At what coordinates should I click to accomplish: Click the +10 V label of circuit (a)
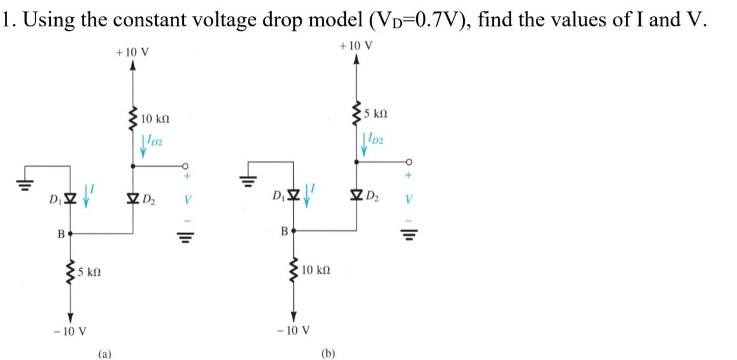coord(133,52)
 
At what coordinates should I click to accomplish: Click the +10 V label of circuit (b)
coord(357,45)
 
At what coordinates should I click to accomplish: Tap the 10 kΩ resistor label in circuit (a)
coord(156,120)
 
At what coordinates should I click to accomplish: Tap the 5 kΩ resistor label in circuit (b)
coord(379,113)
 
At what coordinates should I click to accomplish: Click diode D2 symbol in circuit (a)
coord(132,198)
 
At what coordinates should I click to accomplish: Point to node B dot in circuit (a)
coord(70,234)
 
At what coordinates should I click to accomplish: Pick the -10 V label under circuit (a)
coord(70,330)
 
